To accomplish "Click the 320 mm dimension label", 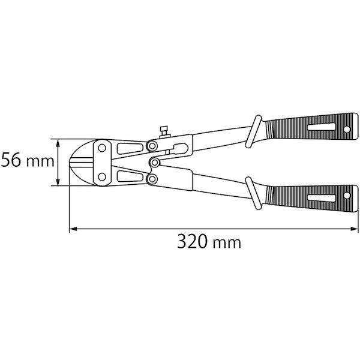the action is click(209, 242).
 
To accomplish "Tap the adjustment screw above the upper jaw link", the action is click(164, 132).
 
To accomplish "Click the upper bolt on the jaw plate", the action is click(102, 148).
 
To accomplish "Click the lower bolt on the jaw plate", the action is click(102, 177).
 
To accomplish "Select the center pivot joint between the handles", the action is click(155, 163).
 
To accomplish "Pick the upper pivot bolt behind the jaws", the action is click(152, 146).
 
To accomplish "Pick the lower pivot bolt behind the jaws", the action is click(152, 179).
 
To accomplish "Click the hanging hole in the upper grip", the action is click(347, 130).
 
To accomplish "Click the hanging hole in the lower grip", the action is click(347, 196).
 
